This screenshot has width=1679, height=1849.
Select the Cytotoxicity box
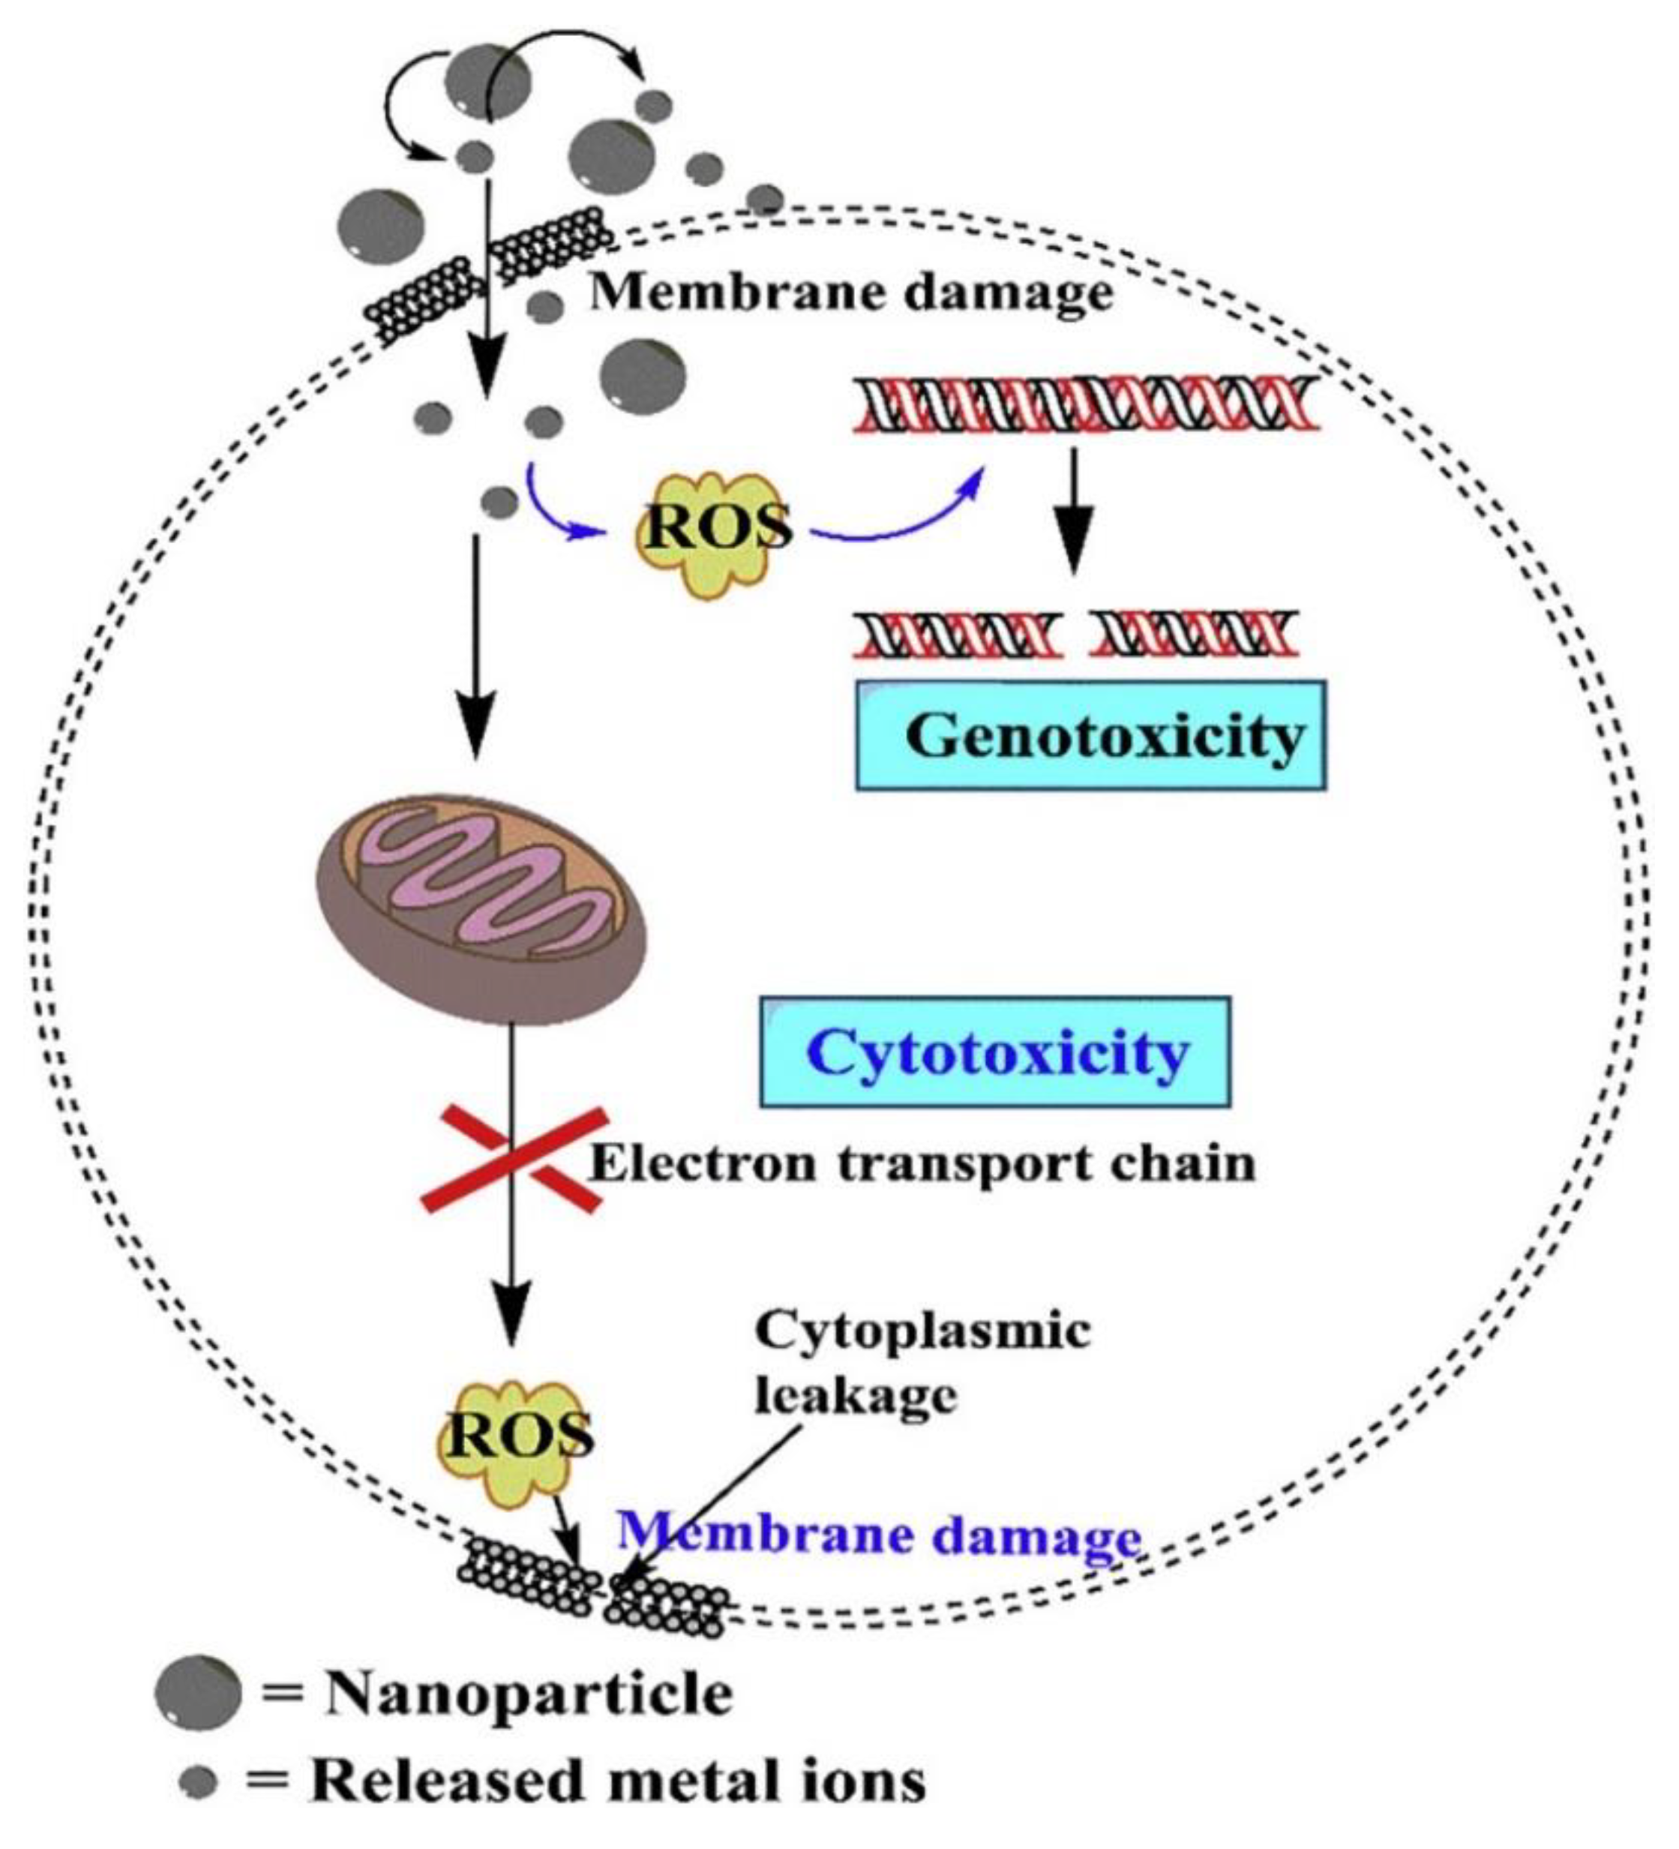tap(995, 1052)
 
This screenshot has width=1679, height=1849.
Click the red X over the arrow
tap(514, 1160)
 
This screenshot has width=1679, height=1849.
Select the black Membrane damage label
tap(850, 294)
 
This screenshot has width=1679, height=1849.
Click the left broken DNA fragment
tap(958, 635)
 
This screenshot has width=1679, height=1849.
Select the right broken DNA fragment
tap(1195, 635)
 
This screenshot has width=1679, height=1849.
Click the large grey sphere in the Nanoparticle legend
tap(198, 1692)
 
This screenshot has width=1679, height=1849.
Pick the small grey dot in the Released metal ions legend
tap(199, 1782)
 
